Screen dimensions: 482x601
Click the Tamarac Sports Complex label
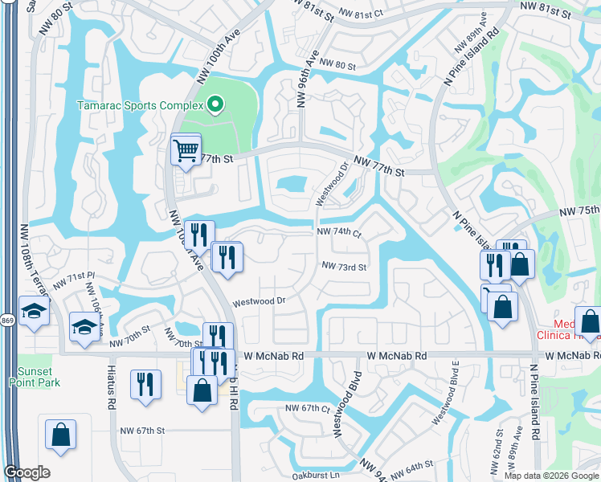pos(138,105)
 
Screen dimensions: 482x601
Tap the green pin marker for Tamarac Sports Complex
pos(215,104)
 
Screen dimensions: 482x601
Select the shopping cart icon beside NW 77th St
pos(186,149)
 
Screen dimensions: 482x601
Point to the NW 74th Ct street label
pos(340,232)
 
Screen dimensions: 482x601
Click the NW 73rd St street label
pos(344,267)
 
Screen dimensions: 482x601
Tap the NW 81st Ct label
pos(362,14)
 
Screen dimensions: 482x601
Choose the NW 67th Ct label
pos(305,409)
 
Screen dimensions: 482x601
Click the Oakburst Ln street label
pos(313,475)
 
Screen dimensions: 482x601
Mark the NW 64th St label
pos(413,466)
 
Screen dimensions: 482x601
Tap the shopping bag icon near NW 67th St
pos(61,435)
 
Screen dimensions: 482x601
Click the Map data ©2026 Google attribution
pos(551,475)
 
